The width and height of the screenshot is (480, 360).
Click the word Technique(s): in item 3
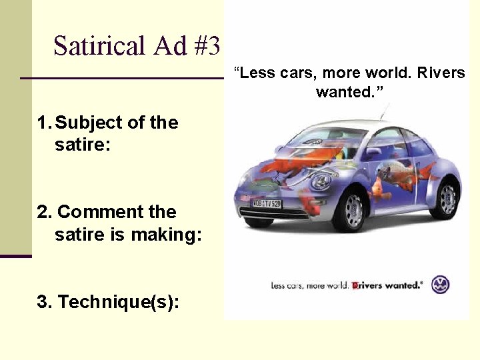coord(119,302)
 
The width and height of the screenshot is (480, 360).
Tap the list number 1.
coord(43,123)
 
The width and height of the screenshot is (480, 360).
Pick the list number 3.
coord(44,302)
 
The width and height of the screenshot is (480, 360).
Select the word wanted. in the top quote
coord(350,92)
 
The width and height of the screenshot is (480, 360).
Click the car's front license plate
coord(267,203)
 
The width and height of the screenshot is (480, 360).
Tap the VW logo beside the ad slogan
coord(440,285)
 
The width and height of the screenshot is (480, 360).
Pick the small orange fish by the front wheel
coord(379,190)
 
